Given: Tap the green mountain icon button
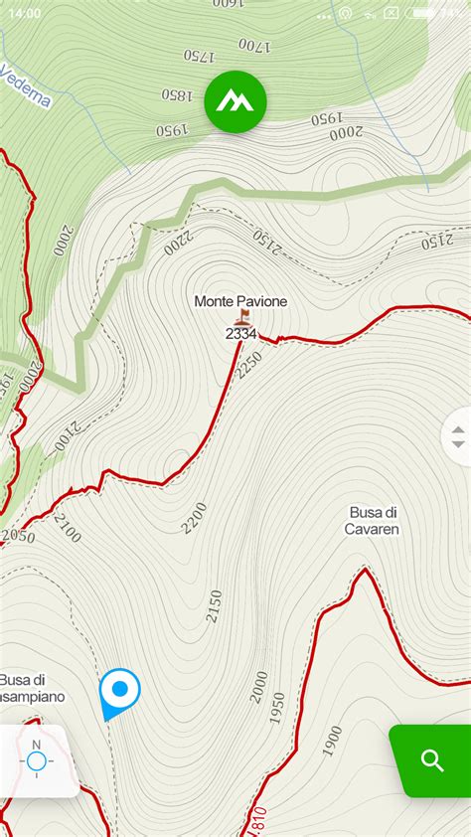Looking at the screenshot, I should (235, 101).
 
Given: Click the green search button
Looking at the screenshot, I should (432, 761).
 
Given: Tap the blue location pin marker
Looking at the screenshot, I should (119, 690).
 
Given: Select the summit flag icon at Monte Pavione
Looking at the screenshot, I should (241, 318).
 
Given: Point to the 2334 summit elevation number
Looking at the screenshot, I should (241, 334).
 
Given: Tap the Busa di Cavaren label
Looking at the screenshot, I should (373, 521).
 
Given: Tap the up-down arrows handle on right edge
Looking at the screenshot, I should (458, 436).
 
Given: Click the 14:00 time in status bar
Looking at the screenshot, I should (25, 13).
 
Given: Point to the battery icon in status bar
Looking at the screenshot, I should (422, 13).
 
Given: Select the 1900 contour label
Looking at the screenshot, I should (333, 740).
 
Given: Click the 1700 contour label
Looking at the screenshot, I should (254, 45).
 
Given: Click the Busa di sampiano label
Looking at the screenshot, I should (31, 688).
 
